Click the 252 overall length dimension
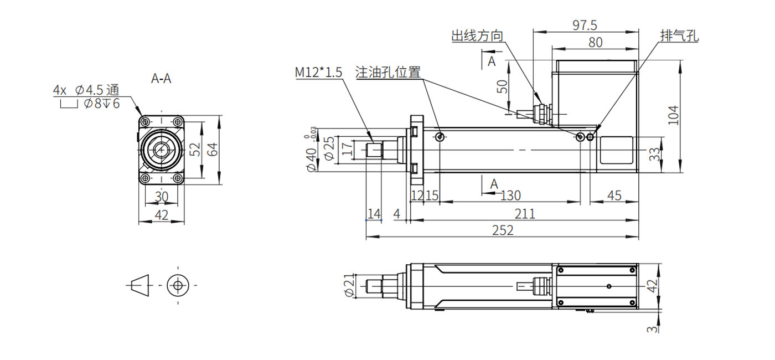[503, 230]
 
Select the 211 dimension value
[525, 213]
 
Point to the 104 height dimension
[673, 115]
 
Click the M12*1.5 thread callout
[318, 72]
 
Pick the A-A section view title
[161, 79]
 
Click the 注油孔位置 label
[387, 72]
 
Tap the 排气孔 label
[679, 37]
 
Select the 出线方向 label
[477, 37]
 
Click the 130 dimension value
[510, 195]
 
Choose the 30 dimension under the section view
[161, 196]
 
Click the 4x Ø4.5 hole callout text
[86, 89]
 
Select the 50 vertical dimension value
[502, 87]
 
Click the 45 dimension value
[614, 195]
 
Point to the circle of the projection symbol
[178, 285]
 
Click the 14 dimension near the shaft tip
[374, 213]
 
